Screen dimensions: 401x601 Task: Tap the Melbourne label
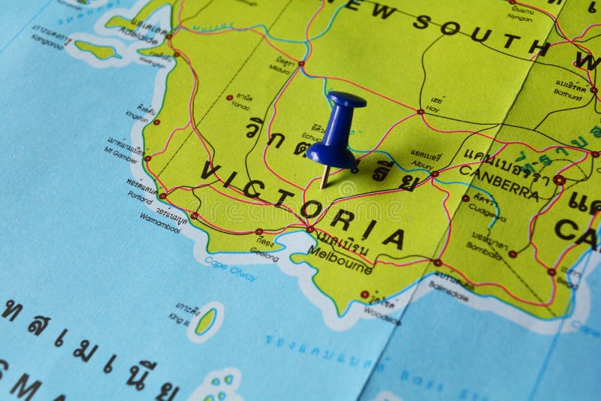[x=340, y=259]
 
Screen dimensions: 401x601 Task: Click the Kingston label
[x=137, y=116]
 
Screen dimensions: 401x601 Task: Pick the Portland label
[x=140, y=197]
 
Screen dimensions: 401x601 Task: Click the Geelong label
[x=264, y=254]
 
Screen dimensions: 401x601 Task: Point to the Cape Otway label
[x=230, y=269]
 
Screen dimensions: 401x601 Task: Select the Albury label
[x=421, y=164]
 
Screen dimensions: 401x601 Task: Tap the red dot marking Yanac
[x=230, y=98]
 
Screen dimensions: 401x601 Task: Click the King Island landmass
[x=204, y=322]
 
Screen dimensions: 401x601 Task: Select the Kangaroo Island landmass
[x=98, y=50]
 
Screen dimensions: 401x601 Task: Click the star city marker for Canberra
[x=559, y=180]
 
